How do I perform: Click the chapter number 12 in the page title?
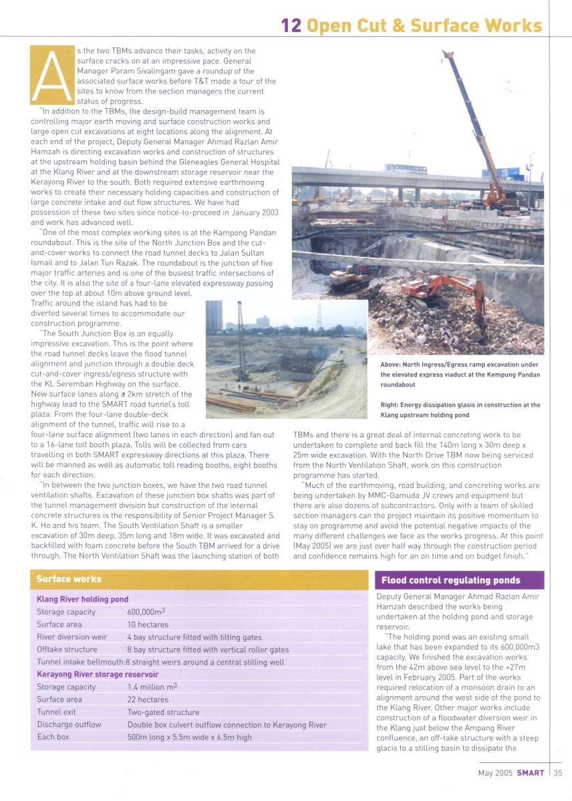(x=291, y=25)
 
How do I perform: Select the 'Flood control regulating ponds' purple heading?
(x=450, y=580)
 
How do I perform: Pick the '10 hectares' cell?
(x=148, y=624)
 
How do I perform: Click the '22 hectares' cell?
(x=148, y=700)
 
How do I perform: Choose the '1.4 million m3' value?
(x=152, y=687)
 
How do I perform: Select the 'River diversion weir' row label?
(x=71, y=637)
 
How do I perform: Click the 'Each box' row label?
(x=53, y=737)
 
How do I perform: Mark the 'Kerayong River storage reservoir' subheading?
(x=98, y=674)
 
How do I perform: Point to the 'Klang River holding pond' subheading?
(x=82, y=599)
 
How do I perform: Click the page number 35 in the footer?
(x=558, y=773)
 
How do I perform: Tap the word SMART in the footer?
(x=531, y=773)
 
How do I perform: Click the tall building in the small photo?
(x=214, y=316)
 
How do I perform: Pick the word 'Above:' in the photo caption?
(x=392, y=364)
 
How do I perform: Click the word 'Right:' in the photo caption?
(x=390, y=405)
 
